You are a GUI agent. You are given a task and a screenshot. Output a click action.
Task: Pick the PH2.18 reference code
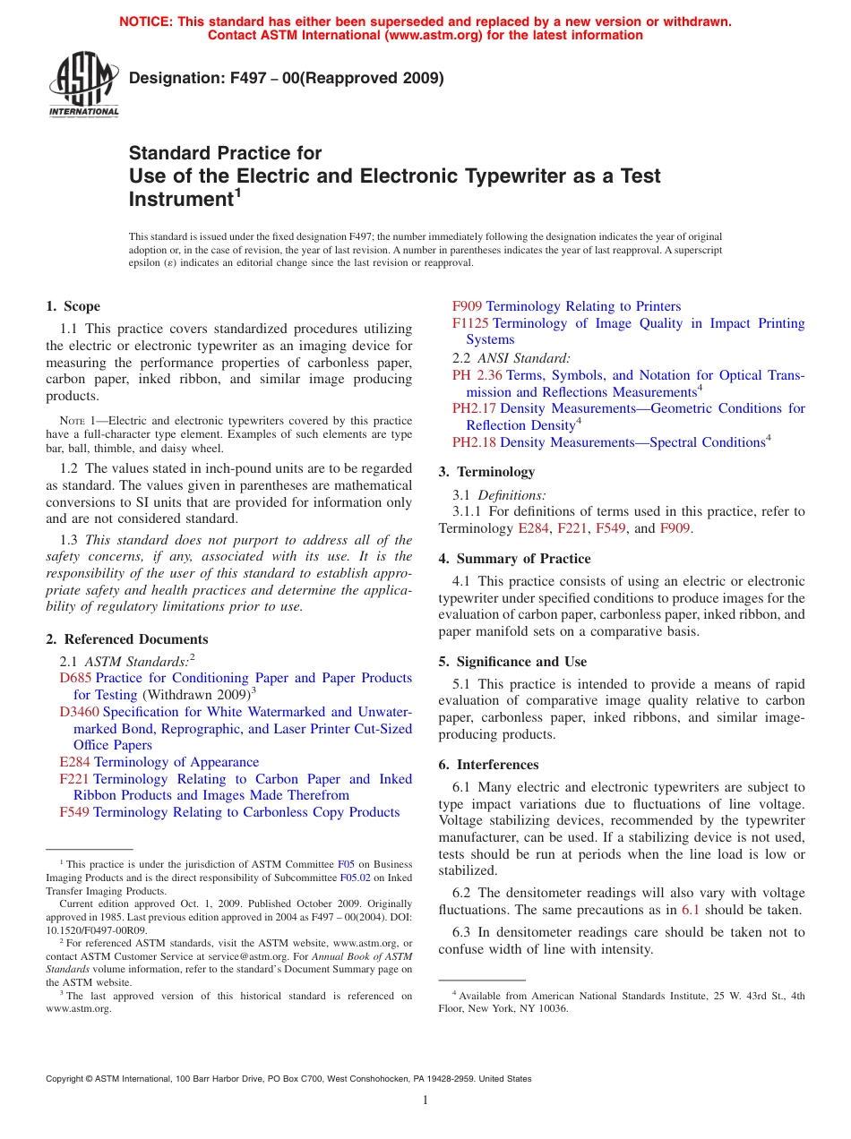474,442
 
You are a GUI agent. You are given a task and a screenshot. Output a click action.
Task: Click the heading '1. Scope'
73,306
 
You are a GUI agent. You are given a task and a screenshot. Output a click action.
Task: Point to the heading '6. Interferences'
488,765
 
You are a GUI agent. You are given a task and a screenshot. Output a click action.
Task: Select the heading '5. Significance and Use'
512,662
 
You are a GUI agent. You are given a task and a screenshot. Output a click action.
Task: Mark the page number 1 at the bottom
425,1100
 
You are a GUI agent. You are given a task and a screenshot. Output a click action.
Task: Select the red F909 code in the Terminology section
675,528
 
